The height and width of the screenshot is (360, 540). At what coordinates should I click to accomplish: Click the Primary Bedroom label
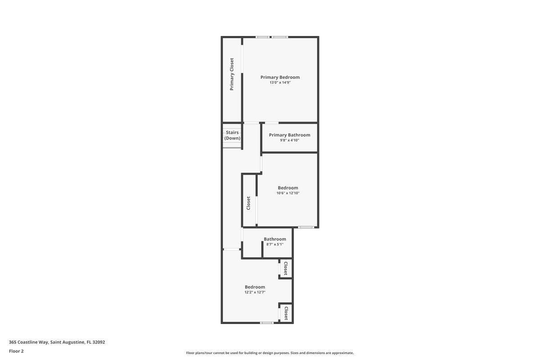(280, 77)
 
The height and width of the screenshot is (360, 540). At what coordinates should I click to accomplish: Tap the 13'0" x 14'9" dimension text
(280, 82)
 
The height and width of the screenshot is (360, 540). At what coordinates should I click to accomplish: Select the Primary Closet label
(232, 74)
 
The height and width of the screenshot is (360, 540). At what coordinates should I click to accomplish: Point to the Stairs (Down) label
(232, 135)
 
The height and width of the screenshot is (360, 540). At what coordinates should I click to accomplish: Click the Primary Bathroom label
(289, 135)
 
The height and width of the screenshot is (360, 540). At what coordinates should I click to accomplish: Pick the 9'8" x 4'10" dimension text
(289, 140)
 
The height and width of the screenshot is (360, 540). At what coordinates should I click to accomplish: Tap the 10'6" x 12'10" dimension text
(288, 193)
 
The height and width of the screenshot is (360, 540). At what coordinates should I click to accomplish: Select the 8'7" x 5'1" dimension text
(275, 244)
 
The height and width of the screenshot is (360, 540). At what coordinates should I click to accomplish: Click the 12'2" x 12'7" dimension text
(255, 292)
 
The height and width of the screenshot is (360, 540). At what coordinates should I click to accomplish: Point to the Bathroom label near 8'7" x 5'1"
(275, 239)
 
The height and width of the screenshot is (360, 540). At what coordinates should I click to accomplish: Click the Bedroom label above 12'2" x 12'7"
(255, 287)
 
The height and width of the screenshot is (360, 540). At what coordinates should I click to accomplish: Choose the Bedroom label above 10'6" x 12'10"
(288, 188)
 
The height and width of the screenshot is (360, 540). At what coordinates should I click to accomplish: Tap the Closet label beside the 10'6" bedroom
(248, 203)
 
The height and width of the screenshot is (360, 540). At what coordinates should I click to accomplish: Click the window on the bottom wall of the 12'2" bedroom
(266, 323)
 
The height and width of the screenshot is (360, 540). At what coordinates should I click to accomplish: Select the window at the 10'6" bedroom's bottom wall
(306, 227)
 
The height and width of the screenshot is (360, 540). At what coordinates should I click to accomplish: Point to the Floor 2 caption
(16, 351)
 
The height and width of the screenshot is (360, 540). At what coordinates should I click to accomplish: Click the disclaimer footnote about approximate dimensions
(270, 353)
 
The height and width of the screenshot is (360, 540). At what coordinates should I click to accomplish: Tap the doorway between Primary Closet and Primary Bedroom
(242, 59)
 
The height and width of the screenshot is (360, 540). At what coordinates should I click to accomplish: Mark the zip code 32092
(99, 342)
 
